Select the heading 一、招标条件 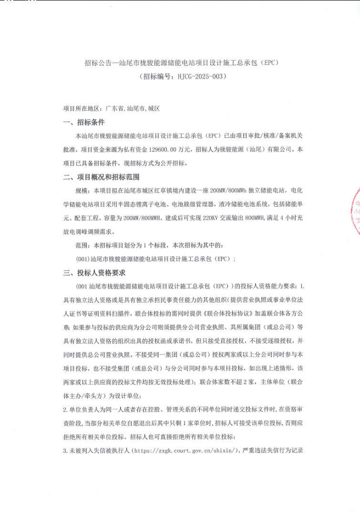[84, 123]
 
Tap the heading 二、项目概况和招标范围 [102, 177]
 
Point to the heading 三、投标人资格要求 [94, 273]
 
